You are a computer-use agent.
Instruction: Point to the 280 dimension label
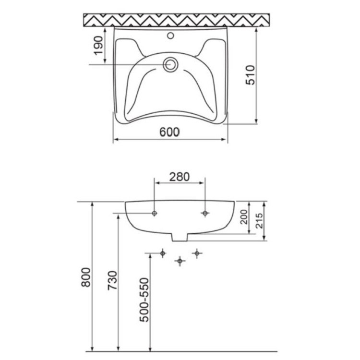pyautogui.click(x=179, y=176)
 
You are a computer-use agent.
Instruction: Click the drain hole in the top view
pyautogui.click(x=170, y=64)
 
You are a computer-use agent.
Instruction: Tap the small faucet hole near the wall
pyautogui.click(x=170, y=35)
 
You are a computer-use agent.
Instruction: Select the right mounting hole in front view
pyautogui.click(x=205, y=213)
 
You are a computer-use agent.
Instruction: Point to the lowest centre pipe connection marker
pyautogui.click(x=180, y=261)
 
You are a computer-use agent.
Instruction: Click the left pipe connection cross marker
pyautogui.click(x=163, y=252)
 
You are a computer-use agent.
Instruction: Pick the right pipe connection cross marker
pyautogui.click(x=196, y=252)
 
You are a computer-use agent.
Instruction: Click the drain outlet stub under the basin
pyautogui.click(x=180, y=238)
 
